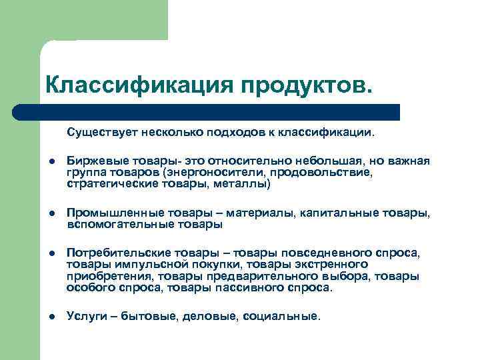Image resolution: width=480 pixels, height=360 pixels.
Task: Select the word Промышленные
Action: point(107,213)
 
